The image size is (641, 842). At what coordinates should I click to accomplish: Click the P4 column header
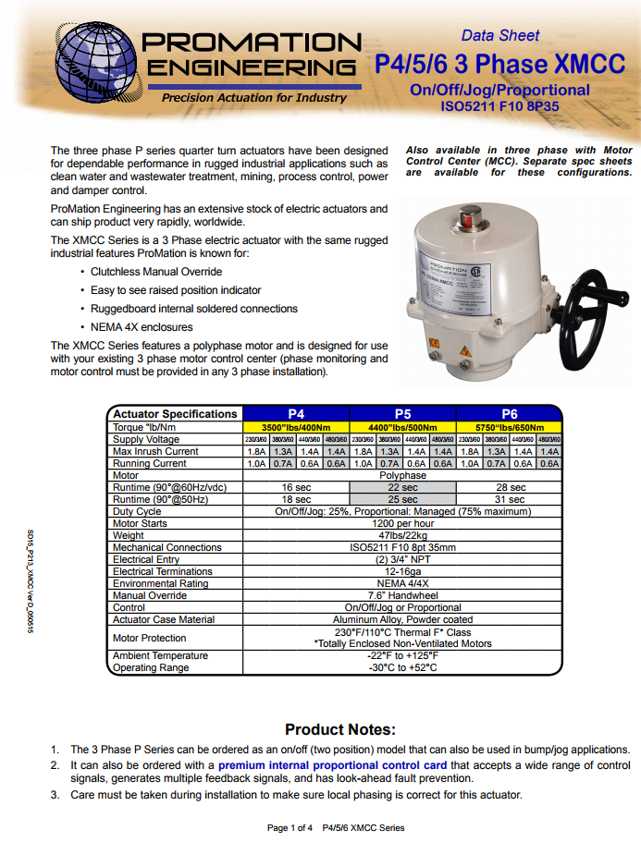point(296,414)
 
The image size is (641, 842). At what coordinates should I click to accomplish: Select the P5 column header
point(402,414)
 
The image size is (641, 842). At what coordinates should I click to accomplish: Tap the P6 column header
point(510,414)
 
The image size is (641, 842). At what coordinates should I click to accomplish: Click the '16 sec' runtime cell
point(296,487)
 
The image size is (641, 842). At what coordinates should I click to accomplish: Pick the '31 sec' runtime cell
point(510,499)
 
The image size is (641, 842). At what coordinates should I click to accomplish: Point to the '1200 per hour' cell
point(402,523)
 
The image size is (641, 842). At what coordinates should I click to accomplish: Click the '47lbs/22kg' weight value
point(402,535)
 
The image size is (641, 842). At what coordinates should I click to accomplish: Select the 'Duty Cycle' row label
point(137,511)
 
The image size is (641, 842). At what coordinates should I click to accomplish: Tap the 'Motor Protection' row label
point(150,638)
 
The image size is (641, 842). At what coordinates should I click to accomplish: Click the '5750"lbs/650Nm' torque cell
point(510,427)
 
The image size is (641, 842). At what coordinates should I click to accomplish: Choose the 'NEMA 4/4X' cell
point(402,583)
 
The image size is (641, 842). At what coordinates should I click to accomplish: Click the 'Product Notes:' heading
point(340,730)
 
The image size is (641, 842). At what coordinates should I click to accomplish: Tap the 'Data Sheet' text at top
point(500,36)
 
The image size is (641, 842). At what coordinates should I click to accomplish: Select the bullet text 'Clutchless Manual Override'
point(156,272)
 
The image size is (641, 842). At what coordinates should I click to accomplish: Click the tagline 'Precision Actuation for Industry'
point(254,98)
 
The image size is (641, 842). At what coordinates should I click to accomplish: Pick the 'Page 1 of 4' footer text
point(290,827)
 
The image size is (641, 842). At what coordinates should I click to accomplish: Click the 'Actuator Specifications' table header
point(175,414)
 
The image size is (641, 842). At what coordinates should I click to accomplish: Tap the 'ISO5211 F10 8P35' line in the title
point(500,106)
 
